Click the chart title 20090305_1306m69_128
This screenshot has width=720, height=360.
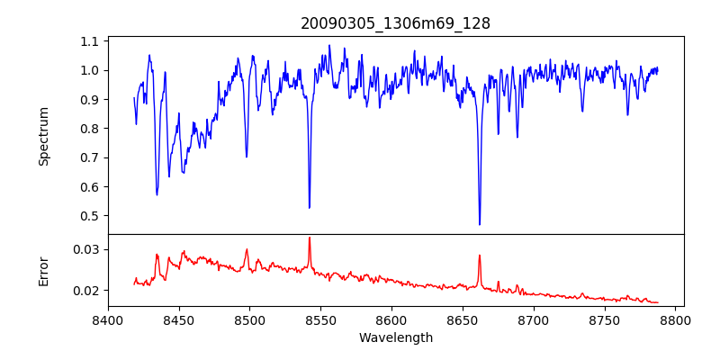[x=395, y=23]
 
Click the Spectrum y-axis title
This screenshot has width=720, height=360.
[x=44, y=136]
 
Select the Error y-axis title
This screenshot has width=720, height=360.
[x=44, y=271]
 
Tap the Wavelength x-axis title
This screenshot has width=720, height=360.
[x=395, y=338]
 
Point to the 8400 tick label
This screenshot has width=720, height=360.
[x=108, y=319]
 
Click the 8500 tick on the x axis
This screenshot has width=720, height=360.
[x=250, y=319]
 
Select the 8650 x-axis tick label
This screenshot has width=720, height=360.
[x=463, y=319]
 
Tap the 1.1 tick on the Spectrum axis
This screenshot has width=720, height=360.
[x=90, y=41]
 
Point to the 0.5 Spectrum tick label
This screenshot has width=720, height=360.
[x=90, y=216]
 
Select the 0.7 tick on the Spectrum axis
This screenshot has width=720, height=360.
[x=90, y=157]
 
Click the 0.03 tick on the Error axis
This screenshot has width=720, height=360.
[x=86, y=249]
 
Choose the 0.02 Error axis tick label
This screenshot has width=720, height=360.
[x=86, y=291]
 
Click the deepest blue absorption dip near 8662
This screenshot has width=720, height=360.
[x=480, y=224]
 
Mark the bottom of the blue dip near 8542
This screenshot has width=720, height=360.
[x=310, y=208]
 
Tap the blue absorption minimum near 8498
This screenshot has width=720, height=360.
[x=247, y=157]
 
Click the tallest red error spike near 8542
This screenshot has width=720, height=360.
[x=310, y=238]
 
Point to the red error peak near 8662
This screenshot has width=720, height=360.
[x=480, y=255]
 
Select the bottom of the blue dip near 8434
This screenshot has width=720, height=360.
[x=157, y=194]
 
